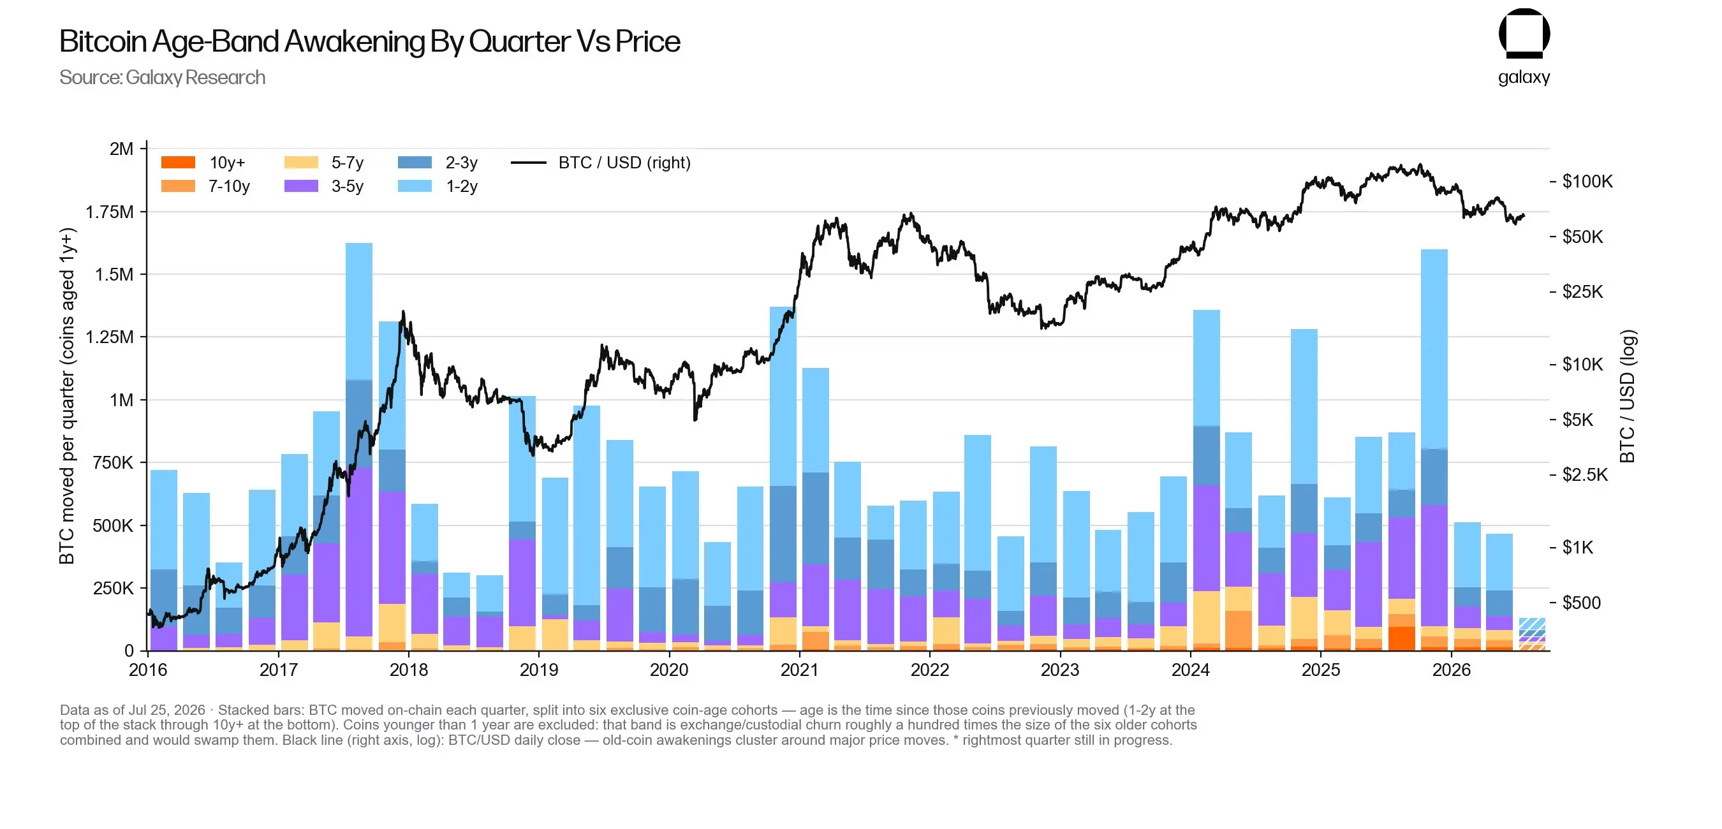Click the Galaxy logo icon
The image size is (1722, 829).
(1524, 33)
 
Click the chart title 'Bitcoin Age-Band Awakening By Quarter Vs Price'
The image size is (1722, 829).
(370, 41)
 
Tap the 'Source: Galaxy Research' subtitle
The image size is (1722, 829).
(163, 78)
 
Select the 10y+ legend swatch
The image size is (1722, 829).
(178, 163)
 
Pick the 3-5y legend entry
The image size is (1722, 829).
(323, 186)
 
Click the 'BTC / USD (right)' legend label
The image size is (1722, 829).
(624, 163)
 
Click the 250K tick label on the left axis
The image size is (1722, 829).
(113, 589)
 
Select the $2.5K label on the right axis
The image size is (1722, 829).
(1585, 474)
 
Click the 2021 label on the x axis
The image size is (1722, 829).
(800, 670)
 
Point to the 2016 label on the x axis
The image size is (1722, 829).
(148, 670)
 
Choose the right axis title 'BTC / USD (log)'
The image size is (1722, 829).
(1627, 397)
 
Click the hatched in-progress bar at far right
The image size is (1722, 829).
(1532, 634)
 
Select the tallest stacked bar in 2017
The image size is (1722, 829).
(359, 446)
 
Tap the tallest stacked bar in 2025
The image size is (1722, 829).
(1434, 450)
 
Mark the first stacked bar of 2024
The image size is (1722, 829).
(1206, 480)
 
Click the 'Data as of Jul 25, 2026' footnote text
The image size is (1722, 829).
(133, 710)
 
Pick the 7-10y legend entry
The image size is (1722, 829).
(206, 186)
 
